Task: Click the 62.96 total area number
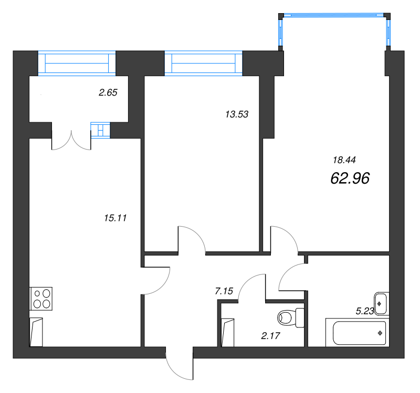tap(350, 178)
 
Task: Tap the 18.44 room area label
tap(344, 160)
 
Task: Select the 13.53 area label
tap(237, 114)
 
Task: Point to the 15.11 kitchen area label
tap(115, 218)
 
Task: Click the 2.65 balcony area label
tap(108, 93)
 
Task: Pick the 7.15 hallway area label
tap(224, 291)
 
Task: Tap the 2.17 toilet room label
tap(270, 335)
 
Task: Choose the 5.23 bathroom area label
tap(365, 311)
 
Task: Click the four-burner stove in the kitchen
tap(41, 299)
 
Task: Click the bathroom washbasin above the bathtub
tap(381, 304)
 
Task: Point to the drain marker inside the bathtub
tap(380, 333)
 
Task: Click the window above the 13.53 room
tap(204, 63)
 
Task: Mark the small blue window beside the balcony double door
tap(100, 130)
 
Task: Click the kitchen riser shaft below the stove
tap(36, 332)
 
